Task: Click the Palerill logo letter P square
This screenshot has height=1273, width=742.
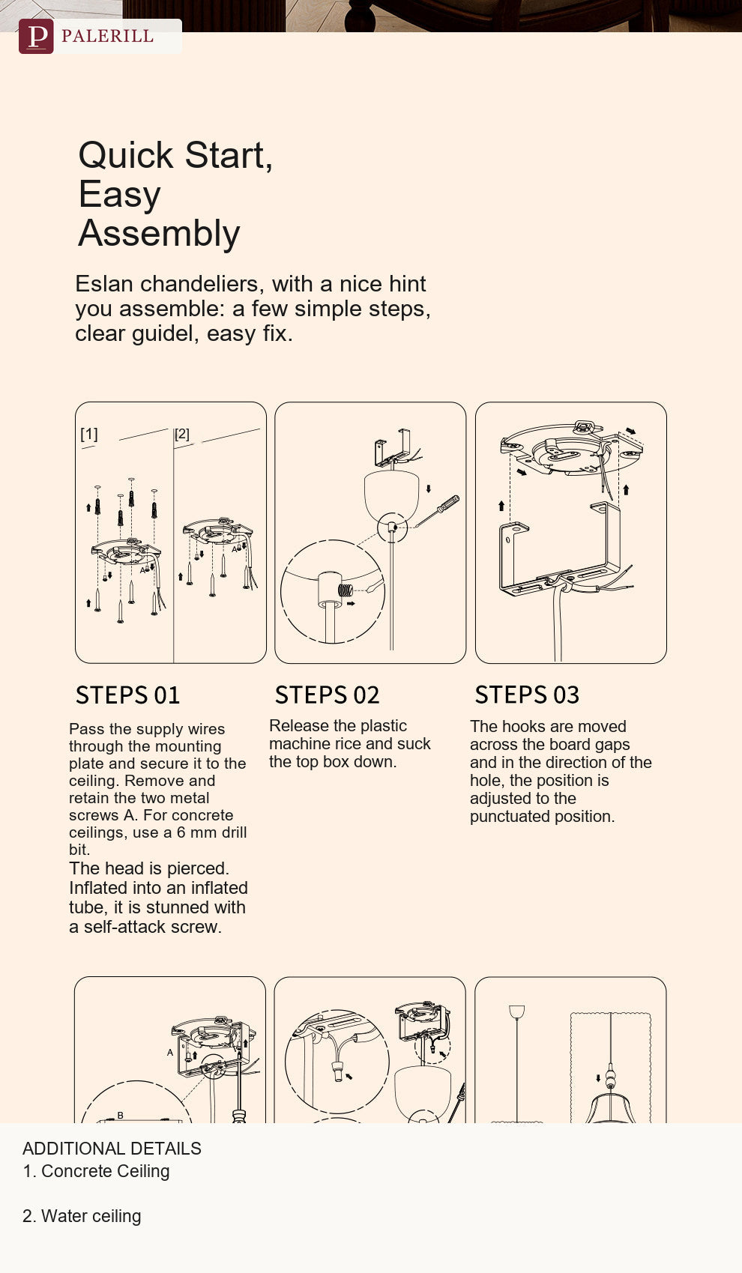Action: point(36,37)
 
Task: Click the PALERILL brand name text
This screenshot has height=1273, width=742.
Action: point(107,37)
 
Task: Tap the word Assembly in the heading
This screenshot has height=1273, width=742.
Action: point(159,234)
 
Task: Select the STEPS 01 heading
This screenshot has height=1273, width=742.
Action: point(128,695)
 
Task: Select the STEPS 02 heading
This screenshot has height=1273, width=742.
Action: point(327,695)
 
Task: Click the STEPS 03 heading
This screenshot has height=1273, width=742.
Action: point(527,695)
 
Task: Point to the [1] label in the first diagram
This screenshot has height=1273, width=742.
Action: point(88,434)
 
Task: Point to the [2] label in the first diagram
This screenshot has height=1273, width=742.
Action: point(181,434)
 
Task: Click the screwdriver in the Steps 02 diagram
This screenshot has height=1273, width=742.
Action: point(437,512)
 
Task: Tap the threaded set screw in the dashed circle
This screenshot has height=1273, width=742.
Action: point(346,590)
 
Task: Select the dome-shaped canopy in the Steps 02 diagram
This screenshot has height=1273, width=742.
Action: point(391,495)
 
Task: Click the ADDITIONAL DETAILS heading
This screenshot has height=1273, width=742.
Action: point(112,1149)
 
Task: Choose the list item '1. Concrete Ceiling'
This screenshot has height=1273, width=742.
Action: point(96,1171)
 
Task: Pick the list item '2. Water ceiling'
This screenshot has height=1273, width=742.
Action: point(82,1216)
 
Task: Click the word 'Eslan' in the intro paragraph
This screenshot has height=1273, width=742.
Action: point(104,283)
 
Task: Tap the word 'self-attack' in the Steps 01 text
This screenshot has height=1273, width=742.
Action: point(125,927)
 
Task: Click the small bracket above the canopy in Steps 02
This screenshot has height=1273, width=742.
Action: point(392,447)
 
